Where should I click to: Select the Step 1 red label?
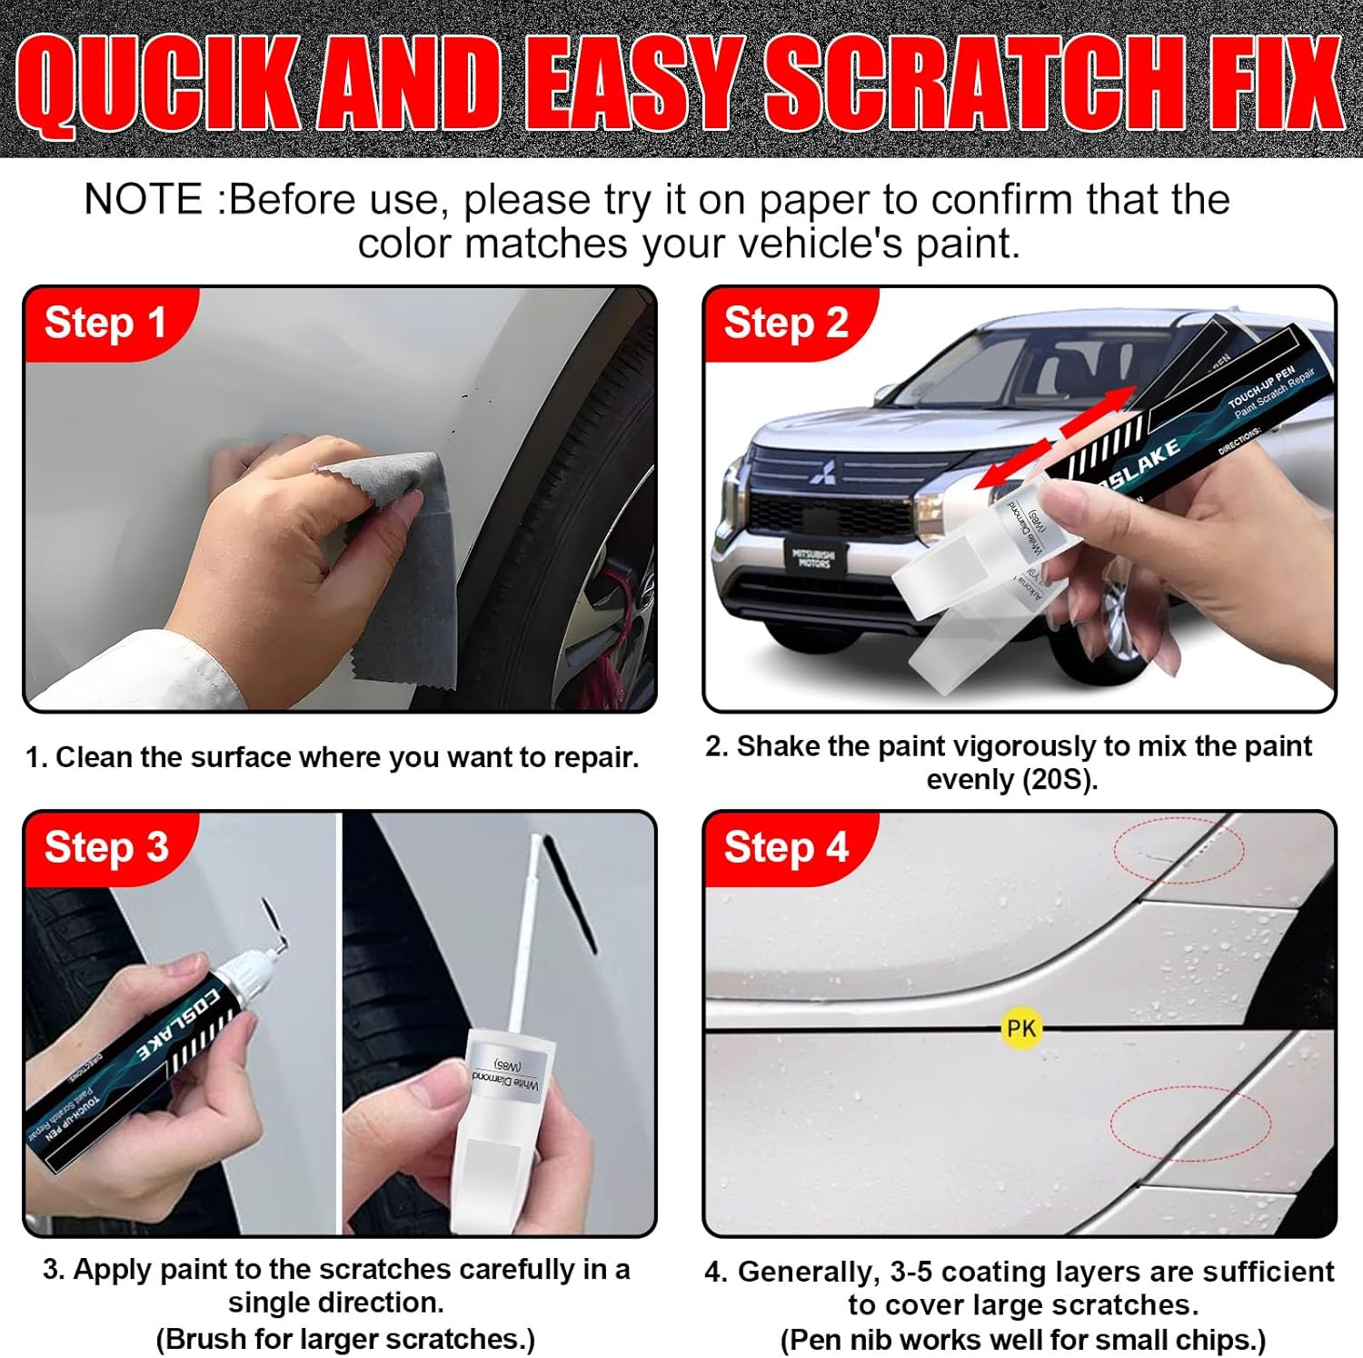tap(105, 324)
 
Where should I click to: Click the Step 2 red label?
tap(786, 324)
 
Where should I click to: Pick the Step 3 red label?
tap(106, 847)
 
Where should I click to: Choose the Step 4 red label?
tap(786, 847)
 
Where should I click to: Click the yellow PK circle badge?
tap(1020, 1028)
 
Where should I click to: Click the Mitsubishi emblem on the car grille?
tap(823, 472)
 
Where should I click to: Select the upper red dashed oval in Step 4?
tap(1179, 850)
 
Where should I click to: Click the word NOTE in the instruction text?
tap(144, 200)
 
